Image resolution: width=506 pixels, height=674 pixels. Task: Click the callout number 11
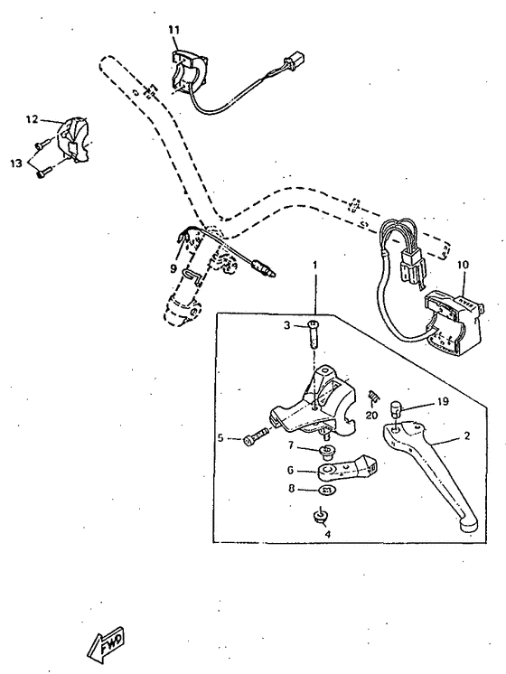point(173,31)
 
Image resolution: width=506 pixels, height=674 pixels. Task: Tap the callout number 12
point(32,118)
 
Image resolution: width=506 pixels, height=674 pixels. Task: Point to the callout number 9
point(173,268)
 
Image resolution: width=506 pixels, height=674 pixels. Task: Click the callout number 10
point(464,265)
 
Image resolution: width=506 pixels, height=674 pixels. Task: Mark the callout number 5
point(220,439)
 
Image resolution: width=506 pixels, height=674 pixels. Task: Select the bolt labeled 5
point(255,439)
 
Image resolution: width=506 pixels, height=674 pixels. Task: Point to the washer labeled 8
point(327,491)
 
